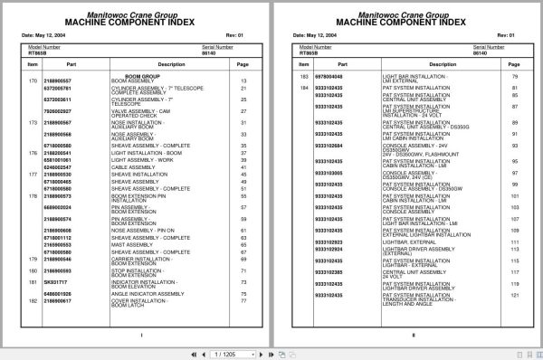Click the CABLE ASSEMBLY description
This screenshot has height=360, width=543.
tap(129, 166)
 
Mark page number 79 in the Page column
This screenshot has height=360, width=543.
tap(516, 77)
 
